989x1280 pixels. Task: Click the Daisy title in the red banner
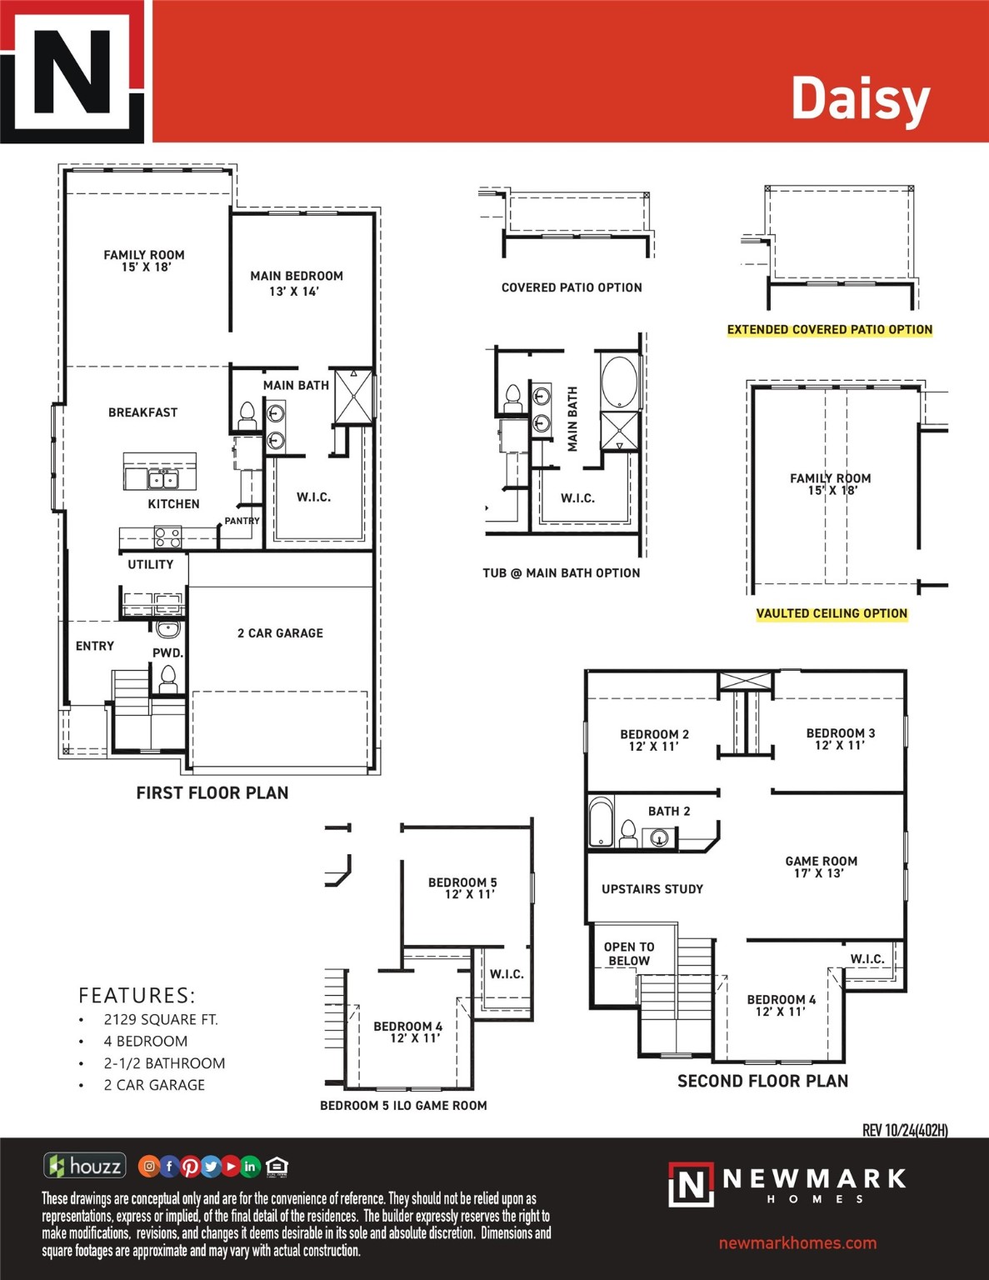859,99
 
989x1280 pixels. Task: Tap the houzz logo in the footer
85,1165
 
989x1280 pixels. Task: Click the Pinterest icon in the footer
190,1167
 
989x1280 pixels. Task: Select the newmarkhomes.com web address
797,1242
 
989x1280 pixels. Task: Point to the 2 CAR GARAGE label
280,633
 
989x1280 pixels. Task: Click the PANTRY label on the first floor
242,521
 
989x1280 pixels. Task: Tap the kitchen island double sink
163,478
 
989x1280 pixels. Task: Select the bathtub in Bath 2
601,822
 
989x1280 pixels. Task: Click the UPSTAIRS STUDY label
652,889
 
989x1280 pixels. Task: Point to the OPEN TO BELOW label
629,953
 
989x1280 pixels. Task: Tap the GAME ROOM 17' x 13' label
821,867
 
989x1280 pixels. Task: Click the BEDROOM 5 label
462,887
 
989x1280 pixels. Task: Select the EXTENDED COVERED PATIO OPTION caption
829,329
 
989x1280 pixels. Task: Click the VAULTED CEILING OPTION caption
832,613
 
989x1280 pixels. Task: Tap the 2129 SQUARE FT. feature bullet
160,1019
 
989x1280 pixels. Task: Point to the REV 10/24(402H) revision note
905,1130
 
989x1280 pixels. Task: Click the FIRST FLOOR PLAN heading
212,793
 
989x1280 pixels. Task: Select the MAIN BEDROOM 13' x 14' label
296,283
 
